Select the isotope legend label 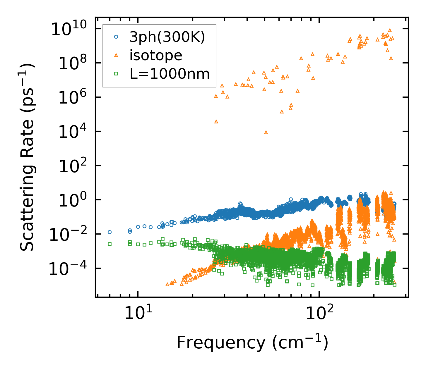coord(156,55)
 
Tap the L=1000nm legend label coord(170,74)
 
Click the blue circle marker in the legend coord(116,37)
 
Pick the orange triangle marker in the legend coord(116,55)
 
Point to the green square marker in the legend coord(116,74)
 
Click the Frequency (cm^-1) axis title coord(252,342)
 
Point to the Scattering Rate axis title coord(27,157)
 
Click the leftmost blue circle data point coord(110,232)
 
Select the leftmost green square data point coord(110,244)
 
